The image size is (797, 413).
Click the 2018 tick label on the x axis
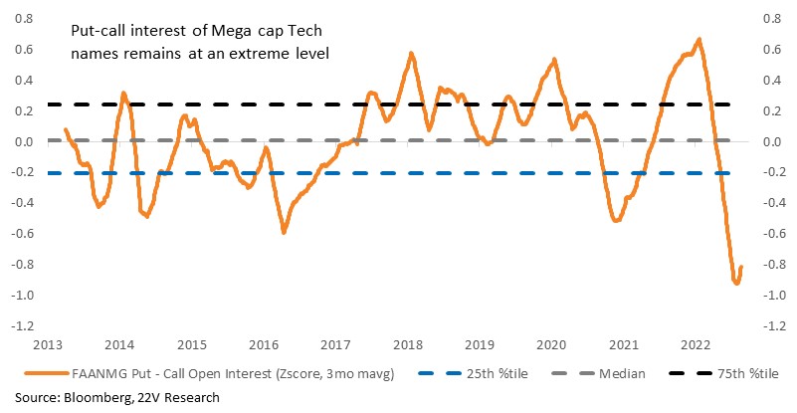[408, 345]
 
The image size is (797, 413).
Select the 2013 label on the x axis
[48, 345]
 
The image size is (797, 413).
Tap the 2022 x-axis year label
[696, 345]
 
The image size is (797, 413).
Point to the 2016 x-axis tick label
[264, 345]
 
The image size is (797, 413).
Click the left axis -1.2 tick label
[25, 325]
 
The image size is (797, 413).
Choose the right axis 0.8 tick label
[771, 19]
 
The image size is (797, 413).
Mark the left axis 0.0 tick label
[25, 141]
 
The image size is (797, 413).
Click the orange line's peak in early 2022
[699, 39]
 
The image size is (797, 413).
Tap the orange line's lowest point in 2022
[736, 283]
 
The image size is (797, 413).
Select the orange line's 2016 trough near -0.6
[284, 232]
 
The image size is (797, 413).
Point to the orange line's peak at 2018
[411, 53]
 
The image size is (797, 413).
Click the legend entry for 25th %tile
[474, 374]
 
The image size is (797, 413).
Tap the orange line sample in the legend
[46, 374]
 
